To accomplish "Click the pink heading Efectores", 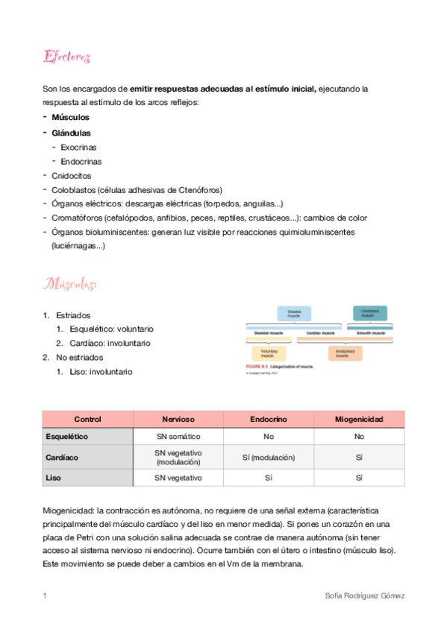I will [67, 57].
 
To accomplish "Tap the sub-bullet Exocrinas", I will [78, 147].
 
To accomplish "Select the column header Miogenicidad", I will [359, 420].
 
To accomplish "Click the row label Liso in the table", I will [53, 477].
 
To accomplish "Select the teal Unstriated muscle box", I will [369, 314].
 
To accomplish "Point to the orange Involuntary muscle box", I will [345, 353].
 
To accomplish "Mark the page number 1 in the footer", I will [45, 596].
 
